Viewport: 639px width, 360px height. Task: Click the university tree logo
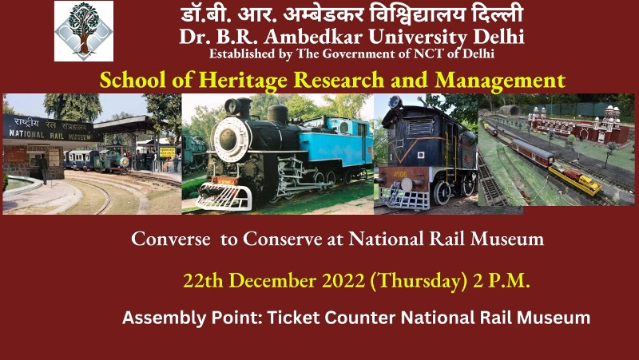84,31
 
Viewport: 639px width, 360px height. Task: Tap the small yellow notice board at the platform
166,151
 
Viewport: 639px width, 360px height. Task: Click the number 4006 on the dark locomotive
399,170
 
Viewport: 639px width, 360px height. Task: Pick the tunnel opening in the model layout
510,109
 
